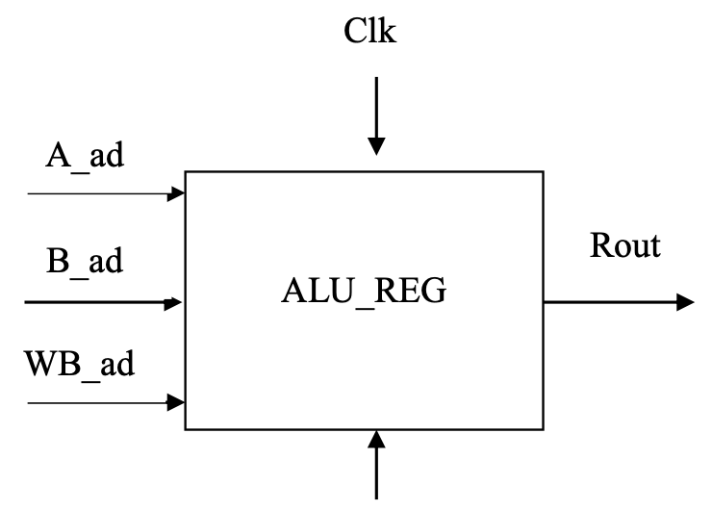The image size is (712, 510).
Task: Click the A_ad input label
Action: coord(85,156)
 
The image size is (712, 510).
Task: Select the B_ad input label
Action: coord(84,265)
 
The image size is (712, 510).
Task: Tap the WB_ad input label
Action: coord(80,367)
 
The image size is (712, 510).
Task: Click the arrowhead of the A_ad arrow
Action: coord(177,193)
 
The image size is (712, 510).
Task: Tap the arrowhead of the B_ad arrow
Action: coord(175,303)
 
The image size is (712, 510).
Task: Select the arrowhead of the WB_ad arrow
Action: coord(177,401)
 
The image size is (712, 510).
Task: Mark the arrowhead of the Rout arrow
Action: coord(685,302)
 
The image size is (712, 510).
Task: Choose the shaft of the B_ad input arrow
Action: coord(96,303)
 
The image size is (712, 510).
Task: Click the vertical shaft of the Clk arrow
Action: coord(376,106)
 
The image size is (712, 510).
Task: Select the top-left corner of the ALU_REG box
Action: coord(186,172)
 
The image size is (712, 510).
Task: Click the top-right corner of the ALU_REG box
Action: coord(543,172)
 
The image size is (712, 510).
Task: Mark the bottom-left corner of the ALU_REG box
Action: coord(186,429)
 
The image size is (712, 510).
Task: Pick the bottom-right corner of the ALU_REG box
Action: coord(543,429)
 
